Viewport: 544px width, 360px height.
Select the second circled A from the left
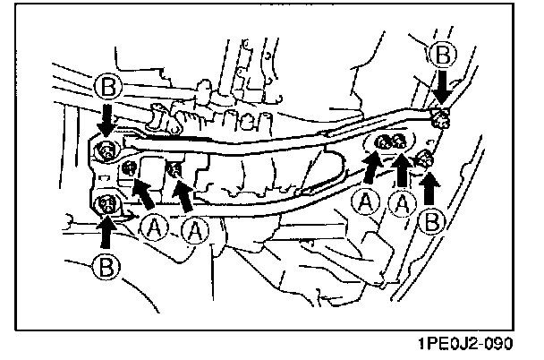[193, 231]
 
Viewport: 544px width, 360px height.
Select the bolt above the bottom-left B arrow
[108, 205]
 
